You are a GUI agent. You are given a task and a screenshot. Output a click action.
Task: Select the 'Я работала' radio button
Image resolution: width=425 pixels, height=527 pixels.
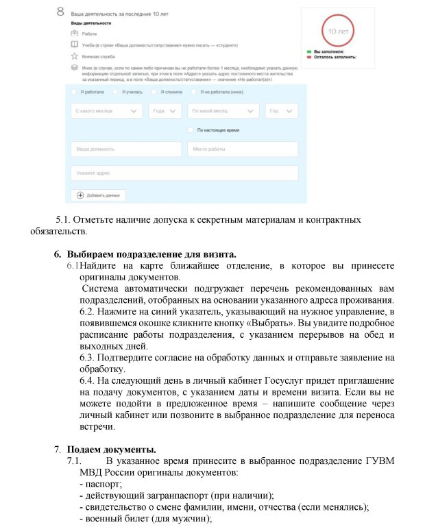point(75,92)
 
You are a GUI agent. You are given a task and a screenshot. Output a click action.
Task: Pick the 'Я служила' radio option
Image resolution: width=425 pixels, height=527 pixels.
point(155,92)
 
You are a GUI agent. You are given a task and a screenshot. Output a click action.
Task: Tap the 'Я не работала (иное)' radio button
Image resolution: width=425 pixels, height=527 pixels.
point(195,92)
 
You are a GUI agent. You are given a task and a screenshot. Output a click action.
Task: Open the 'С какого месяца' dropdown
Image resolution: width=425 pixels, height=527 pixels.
point(106,111)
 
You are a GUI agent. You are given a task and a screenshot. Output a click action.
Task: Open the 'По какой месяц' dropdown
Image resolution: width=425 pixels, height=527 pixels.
point(223,111)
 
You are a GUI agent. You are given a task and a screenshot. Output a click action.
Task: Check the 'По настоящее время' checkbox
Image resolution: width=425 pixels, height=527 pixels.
point(190,130)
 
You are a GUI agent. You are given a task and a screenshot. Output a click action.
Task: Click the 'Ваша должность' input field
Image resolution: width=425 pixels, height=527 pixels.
point(125,149)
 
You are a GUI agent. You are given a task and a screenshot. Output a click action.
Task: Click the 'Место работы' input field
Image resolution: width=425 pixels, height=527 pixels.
point(243,149)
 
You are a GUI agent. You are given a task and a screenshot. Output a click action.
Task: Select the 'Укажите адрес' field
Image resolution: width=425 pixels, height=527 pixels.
point(184,173)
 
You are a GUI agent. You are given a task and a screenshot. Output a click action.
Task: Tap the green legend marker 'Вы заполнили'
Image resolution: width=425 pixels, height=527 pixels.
point(310,51)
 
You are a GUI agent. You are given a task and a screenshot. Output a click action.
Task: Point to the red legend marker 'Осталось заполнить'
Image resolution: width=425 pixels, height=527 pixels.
point(310,57)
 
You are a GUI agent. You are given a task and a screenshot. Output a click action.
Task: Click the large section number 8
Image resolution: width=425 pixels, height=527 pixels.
point(61,13)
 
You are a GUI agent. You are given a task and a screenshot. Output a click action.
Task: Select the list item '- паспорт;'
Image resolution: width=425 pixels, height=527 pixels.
point(101,485)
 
